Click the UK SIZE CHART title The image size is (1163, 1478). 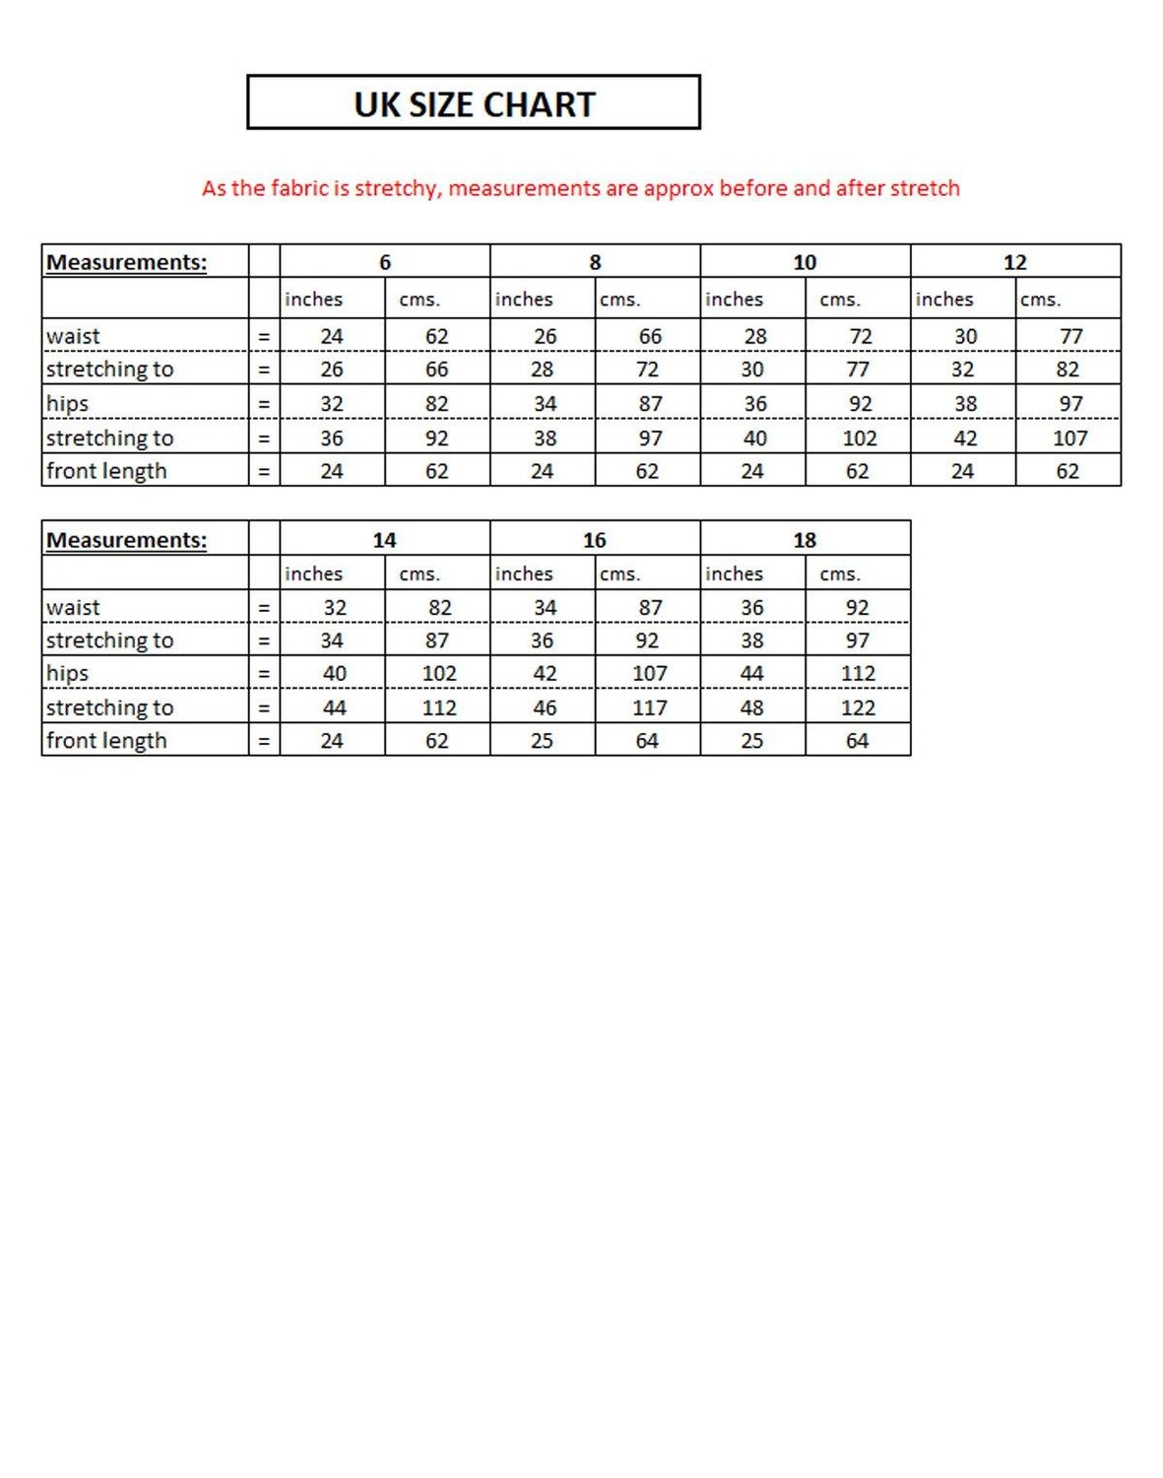click(474, 104)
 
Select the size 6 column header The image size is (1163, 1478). click(385, 262)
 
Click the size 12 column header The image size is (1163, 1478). click(1015, 262)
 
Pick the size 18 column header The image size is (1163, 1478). click(805, 540)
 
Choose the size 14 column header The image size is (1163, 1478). click(384, 540)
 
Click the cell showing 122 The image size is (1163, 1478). click(858, 707)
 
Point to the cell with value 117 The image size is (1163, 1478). click(649, 707)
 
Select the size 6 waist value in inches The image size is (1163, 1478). click(332, 336)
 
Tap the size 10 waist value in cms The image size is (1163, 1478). click(861, 336)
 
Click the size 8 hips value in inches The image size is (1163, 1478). click(545, 404)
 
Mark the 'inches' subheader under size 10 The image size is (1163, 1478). click(734, 299)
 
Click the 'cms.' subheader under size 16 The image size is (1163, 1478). click(620, 573)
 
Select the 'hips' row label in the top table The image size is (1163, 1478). click(68, 404)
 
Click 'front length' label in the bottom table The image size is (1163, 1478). click(106, 741)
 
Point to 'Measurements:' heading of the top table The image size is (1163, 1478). click(127, 262)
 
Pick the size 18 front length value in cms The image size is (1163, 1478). click(857, 741)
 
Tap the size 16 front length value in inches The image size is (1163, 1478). click(542, 741)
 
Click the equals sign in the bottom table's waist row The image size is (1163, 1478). click(264, 608)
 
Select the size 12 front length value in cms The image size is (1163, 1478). click(1067, 471)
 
